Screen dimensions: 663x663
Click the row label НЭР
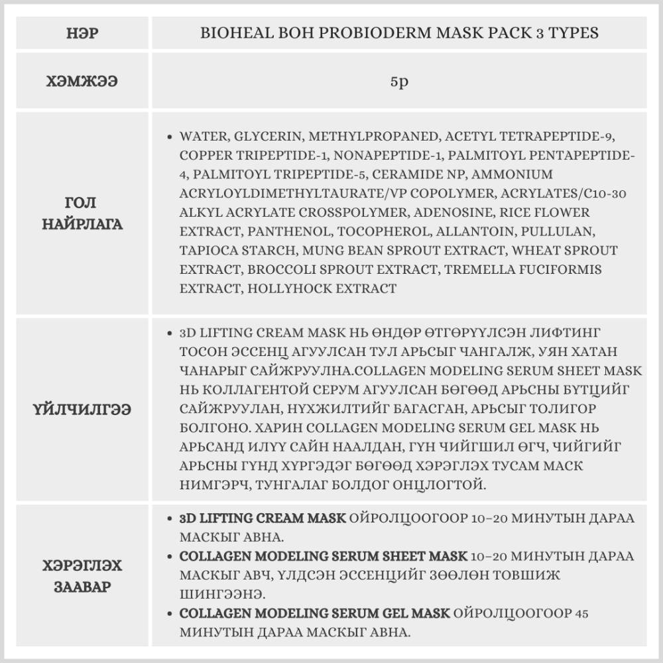82,32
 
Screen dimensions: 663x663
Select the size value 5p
399,84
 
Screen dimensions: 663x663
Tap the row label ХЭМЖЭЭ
82,82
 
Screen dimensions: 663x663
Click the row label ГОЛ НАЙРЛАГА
82,213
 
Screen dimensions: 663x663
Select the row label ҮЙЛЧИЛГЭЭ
82,409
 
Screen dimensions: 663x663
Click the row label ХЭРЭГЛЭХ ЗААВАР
82,577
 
